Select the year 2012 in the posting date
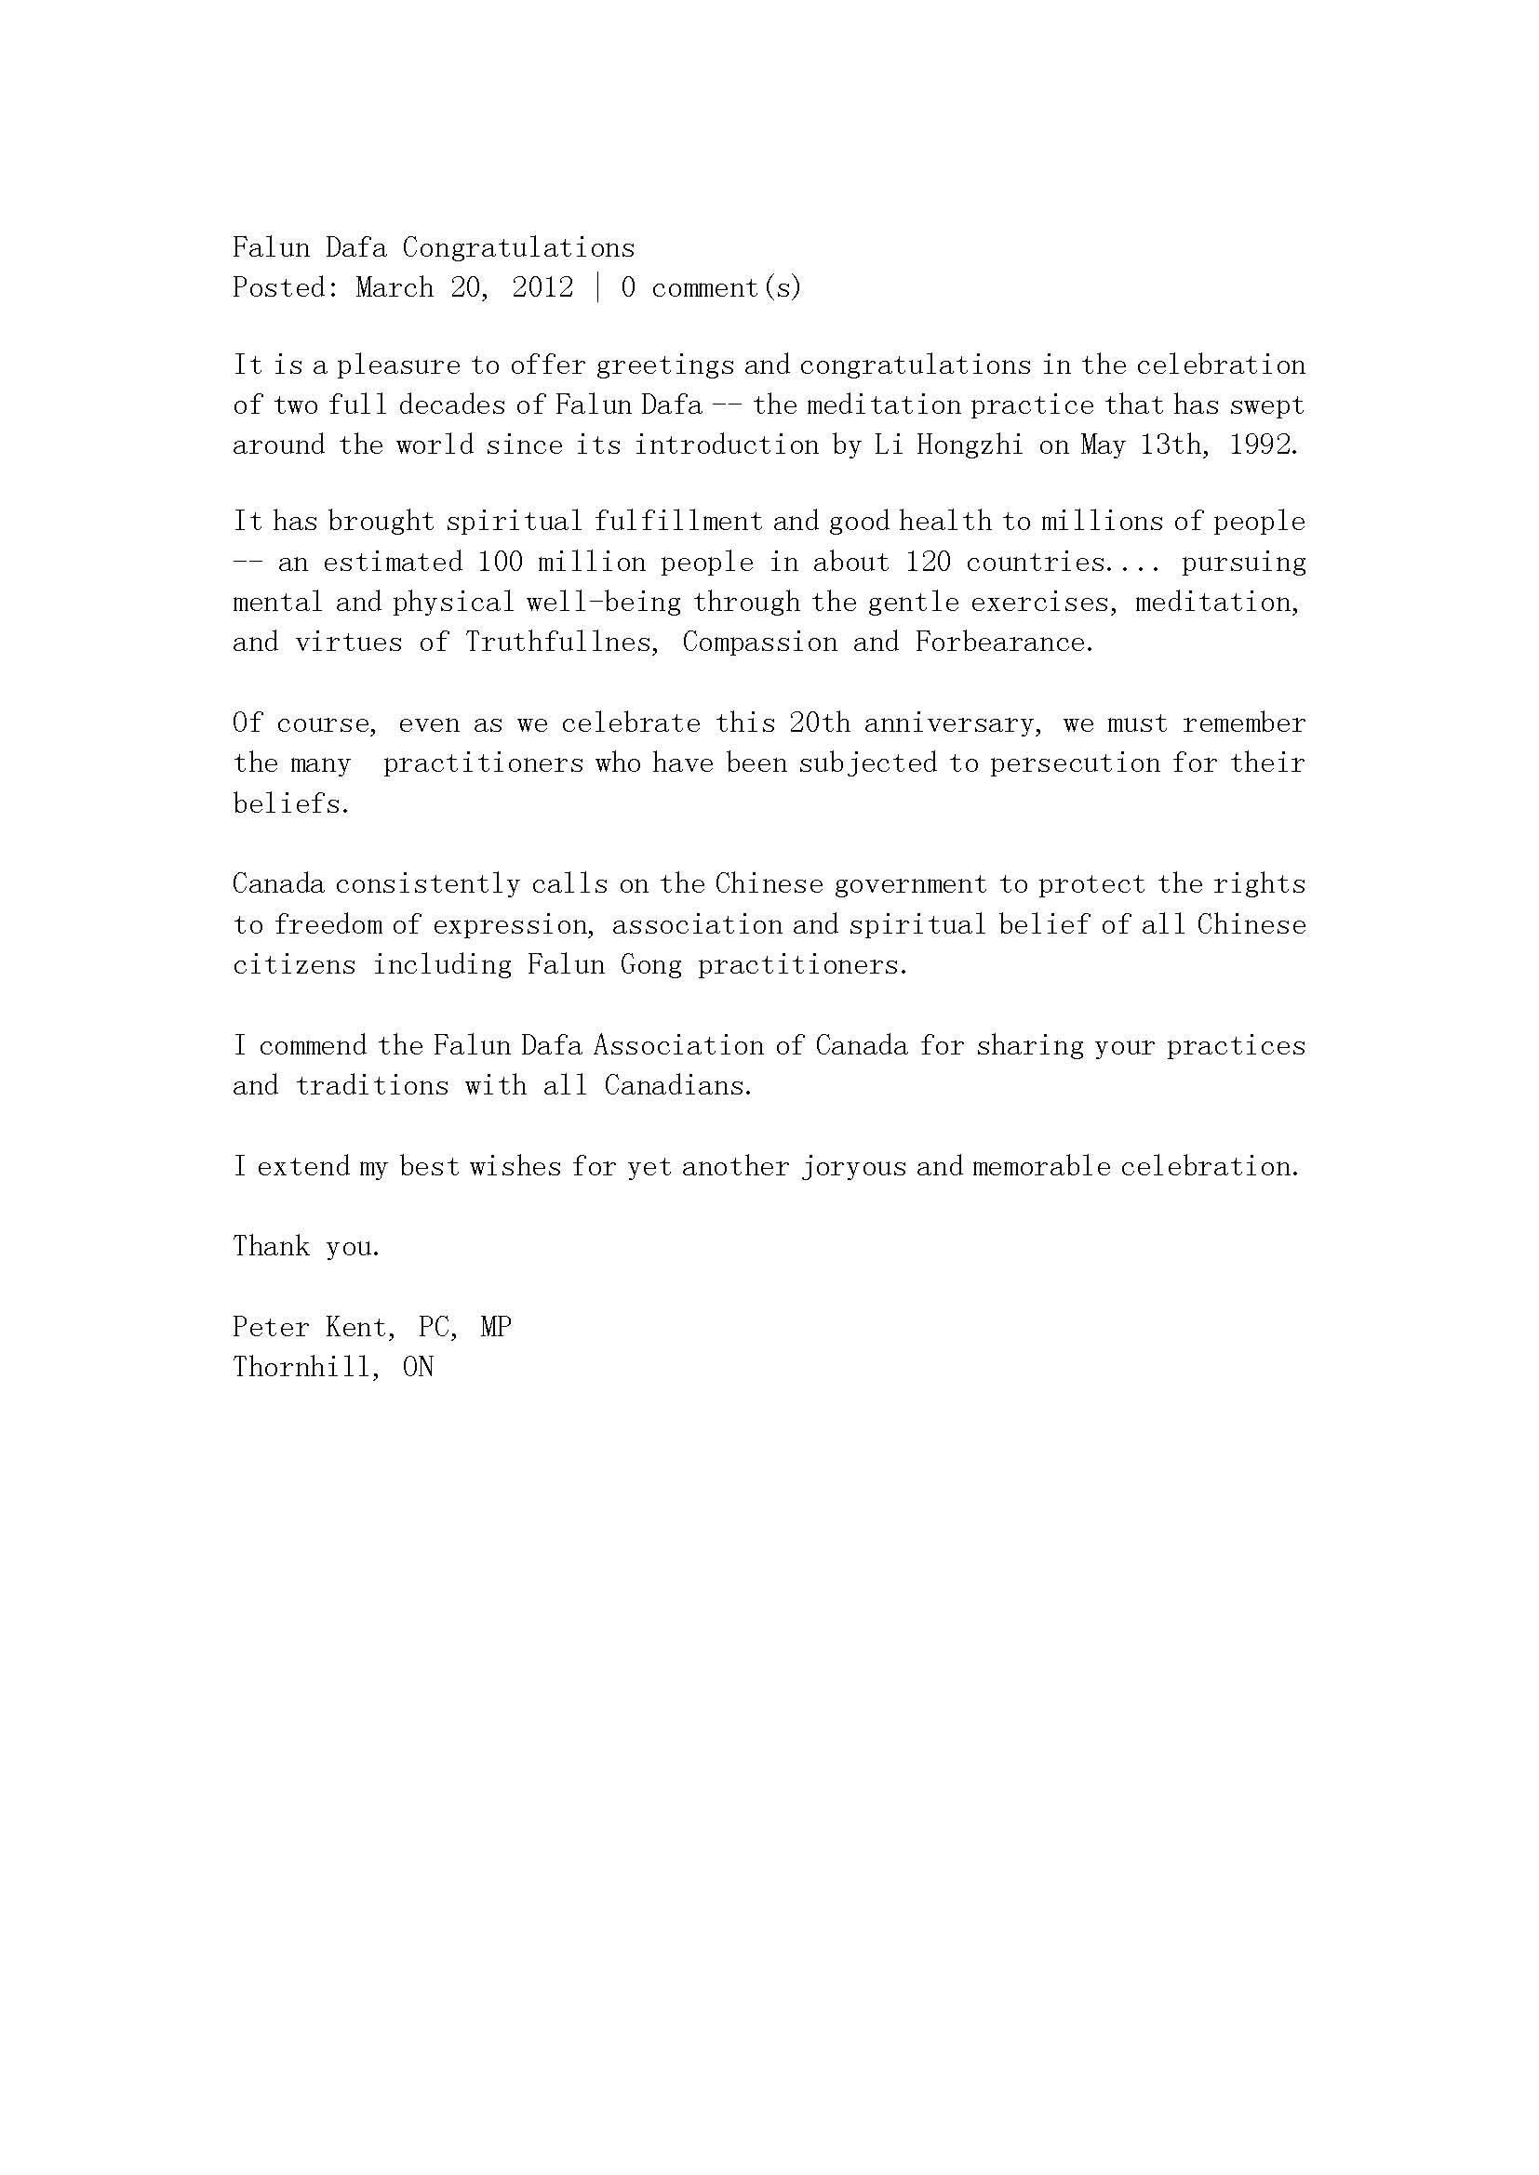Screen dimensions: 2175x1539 click(543, 288)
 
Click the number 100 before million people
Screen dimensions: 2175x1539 click(501, 563)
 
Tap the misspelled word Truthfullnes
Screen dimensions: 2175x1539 click(562, 643)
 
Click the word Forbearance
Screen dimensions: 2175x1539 click(1004, 643)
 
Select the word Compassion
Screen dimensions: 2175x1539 click(760, 643)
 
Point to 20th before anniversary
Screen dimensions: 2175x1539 click(819, 723)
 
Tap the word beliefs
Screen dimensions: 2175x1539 click(291, 804)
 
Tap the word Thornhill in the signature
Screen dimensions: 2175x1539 click(307, 1368)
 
